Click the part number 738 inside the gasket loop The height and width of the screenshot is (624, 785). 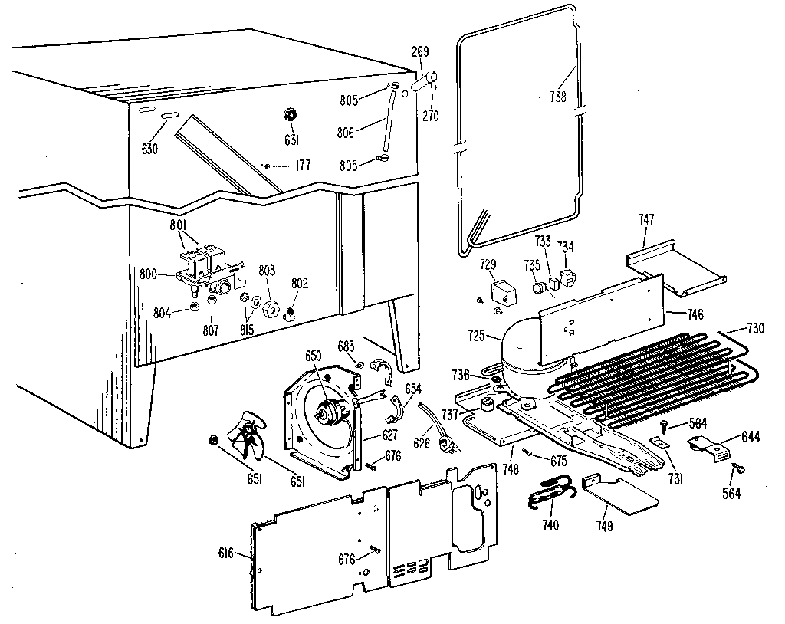coord(558,97)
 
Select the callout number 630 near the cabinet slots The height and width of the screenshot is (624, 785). coord(149,149)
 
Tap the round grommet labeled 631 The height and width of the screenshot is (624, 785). coord(291,115)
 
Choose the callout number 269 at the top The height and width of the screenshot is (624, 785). coord(420,52)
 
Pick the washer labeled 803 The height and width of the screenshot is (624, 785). coord(270,310)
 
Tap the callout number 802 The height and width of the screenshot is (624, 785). coord(299,283)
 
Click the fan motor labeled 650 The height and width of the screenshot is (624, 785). coord(332,411)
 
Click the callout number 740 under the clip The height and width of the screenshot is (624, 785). coord(550,525)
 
